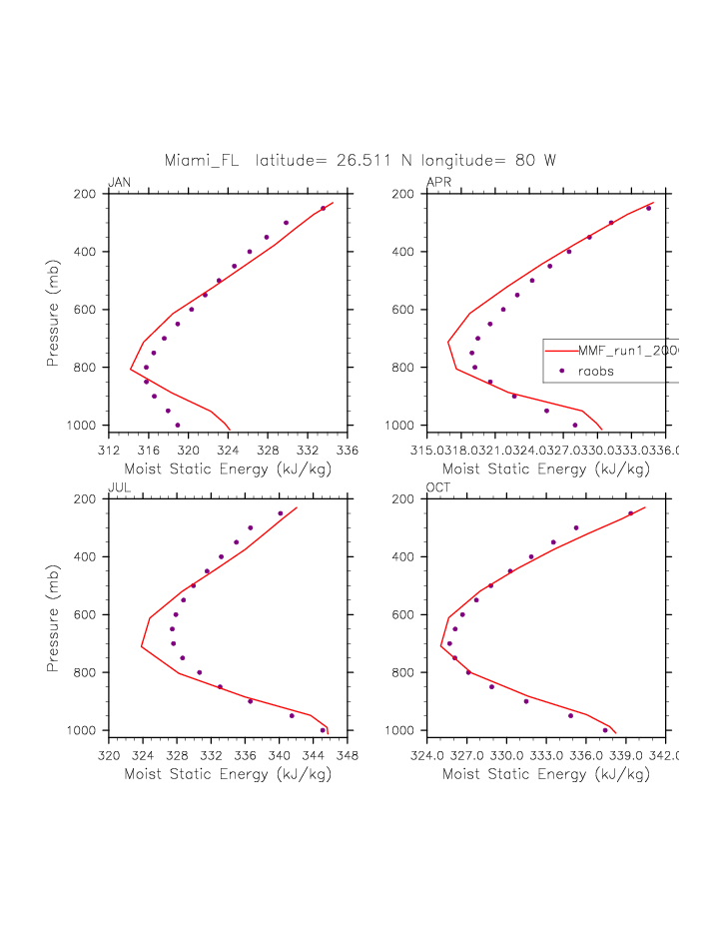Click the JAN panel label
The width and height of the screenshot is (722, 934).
tap(119, 182)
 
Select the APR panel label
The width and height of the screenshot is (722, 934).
tap(438, 182)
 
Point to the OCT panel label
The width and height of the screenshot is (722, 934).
tap(438, 487)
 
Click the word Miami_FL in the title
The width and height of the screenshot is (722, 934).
tap(202, 160)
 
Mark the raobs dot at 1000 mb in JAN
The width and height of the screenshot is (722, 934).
tap(178, 426)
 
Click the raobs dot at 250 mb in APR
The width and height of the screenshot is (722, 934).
tap(648, 208)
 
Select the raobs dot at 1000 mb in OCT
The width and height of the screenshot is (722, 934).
tap(605, 730)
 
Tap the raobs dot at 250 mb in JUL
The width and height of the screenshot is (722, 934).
tap(280, 513)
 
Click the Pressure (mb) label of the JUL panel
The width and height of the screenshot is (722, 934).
tap(53, 615)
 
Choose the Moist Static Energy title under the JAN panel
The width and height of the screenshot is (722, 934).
tap(228, 468)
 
